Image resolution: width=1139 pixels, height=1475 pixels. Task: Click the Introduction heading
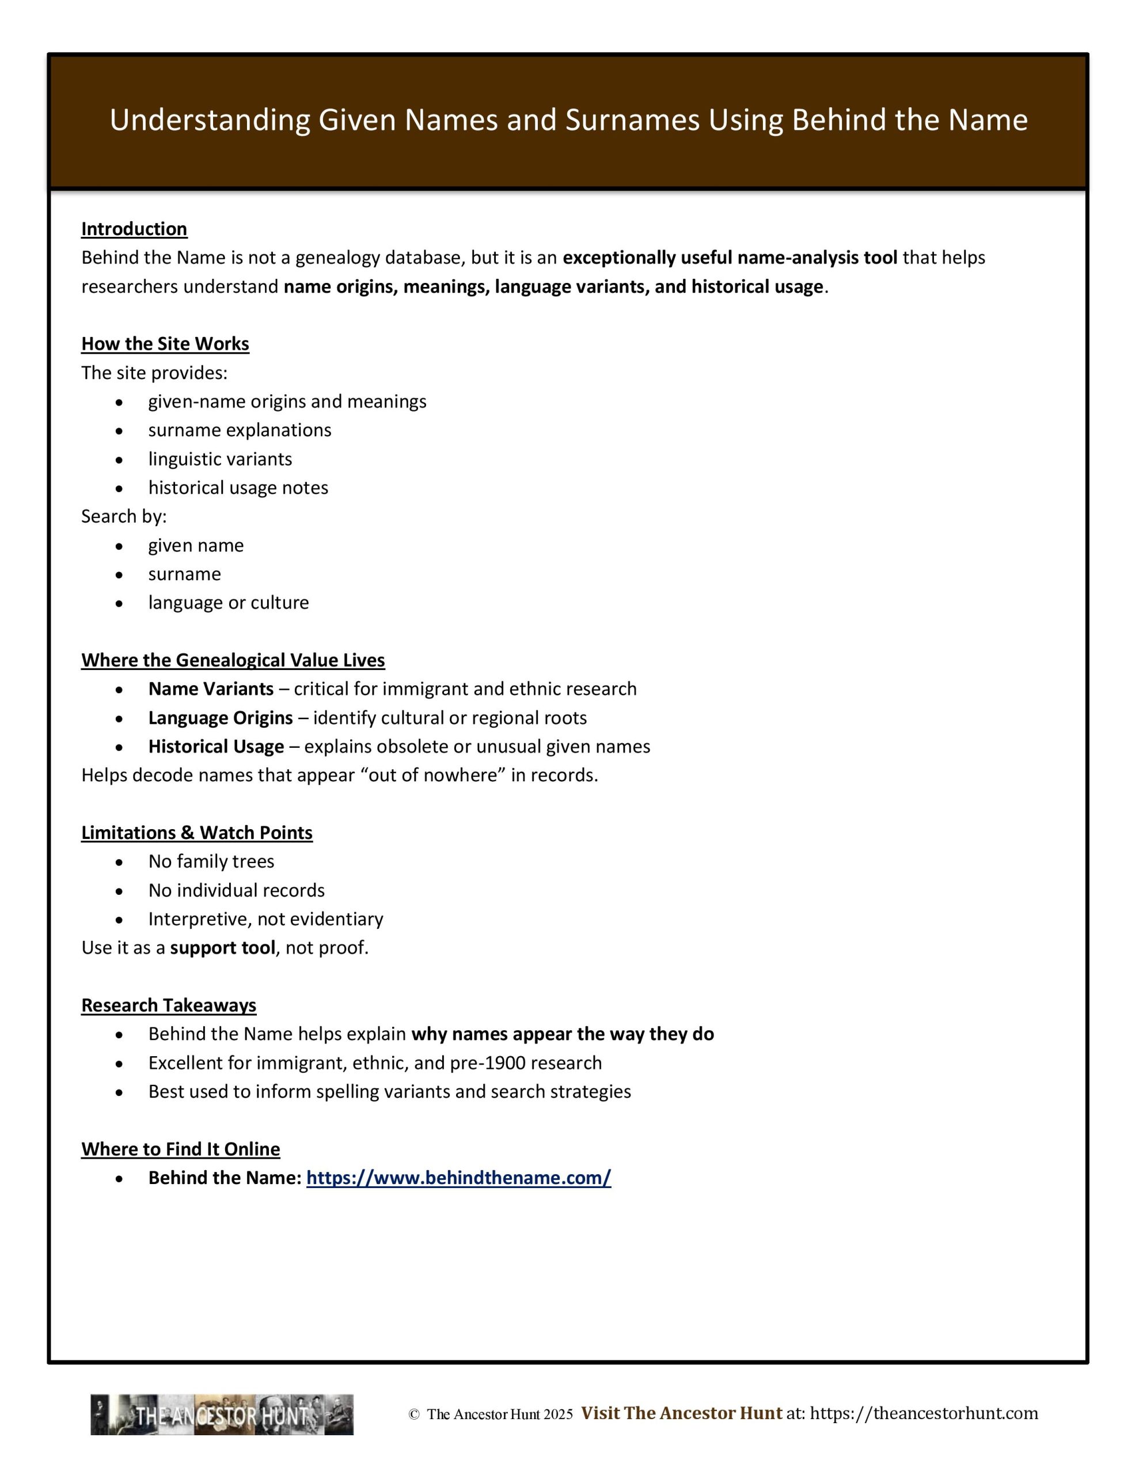(134, 229)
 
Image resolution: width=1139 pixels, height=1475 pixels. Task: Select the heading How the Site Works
(165, 344)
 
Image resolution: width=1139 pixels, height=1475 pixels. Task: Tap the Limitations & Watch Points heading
(196, 833)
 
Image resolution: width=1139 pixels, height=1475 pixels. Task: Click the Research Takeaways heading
(168, 1005)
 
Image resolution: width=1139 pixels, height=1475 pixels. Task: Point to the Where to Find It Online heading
(180, 1149)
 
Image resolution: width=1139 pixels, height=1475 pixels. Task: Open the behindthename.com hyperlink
(458, 1178)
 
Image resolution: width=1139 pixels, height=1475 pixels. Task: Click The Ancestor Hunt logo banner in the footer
(222, 1415)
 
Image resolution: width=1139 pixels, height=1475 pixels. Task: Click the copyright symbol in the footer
(414, 1415)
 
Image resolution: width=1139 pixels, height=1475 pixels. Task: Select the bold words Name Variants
(211, 689)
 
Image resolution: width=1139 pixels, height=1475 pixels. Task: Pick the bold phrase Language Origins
(220, 718)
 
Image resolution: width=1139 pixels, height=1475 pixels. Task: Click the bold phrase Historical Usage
(216, 746)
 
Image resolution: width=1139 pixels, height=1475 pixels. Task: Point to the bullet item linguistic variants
(220, 459)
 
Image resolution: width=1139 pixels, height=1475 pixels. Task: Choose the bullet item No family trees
(211, 861)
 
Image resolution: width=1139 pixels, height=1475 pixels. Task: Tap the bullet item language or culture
(228, 603)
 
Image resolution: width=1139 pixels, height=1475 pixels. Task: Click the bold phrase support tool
(222, 948)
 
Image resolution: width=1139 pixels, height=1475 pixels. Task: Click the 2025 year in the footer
(557, 1415)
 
